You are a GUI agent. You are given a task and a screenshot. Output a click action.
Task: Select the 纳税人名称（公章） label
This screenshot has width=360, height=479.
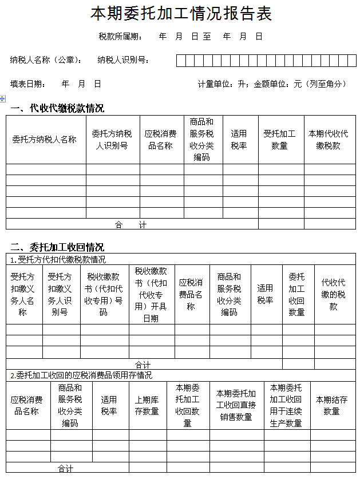tap(46, 60)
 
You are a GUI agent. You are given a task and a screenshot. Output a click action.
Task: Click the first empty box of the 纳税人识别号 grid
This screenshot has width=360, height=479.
tap(181, 61)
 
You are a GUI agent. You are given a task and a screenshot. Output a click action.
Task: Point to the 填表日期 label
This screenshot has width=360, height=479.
tap(28, 84)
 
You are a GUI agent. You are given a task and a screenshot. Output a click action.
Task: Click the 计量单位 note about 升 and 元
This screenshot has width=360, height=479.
tap(272, 84)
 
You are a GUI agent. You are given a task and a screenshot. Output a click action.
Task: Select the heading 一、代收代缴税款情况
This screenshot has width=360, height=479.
tap(57, 108)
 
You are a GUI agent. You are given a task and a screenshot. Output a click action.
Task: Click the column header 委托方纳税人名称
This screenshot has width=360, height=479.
tap(45, 140)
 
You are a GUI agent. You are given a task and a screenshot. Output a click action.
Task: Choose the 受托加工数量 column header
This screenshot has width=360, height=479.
tap(279, 140)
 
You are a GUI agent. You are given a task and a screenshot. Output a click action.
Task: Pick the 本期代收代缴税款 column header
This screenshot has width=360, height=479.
tap(328, 140)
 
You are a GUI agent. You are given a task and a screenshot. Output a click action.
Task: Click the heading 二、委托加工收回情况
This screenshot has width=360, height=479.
tap(57, 247)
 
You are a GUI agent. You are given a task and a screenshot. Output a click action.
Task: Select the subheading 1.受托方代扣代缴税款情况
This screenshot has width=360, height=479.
tap(58, 259)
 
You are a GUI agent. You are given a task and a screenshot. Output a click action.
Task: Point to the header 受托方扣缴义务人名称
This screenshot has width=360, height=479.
tap(23, 294)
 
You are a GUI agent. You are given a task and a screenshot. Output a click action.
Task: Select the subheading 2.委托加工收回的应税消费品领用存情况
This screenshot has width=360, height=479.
tap(81, 375)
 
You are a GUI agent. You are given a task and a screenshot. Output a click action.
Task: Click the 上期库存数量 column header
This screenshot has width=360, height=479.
tap(147, 405)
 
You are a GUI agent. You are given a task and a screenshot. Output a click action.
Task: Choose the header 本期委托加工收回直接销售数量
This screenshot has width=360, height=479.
tap(236, 405)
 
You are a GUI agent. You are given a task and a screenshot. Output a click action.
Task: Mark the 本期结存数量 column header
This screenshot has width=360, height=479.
tap(331, 405)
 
